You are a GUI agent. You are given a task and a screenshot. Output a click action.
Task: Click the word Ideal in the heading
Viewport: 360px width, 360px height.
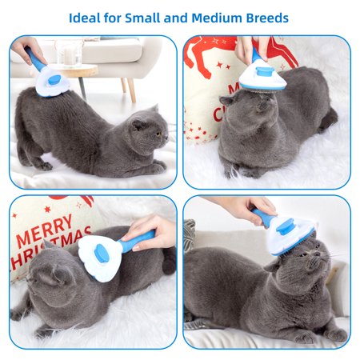click(x=84, y=18)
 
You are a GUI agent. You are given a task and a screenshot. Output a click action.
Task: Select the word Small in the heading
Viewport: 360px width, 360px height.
click(x=142, y=18)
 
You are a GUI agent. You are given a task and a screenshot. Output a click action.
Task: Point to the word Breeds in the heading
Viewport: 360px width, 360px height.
click(x=267, y=18)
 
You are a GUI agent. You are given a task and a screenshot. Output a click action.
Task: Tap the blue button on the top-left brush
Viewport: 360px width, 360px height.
click(x=54, y=80)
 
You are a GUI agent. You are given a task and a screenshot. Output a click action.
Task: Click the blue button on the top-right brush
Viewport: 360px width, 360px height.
click(x=263, y=71)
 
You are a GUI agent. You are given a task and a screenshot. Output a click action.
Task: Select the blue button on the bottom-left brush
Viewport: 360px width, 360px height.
click(x=102, y=254)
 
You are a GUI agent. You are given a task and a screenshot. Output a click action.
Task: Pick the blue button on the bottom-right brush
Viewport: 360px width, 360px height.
click(x=285, y=226)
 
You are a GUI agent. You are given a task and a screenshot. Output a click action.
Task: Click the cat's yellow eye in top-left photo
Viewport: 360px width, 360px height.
click(x=158, y=133)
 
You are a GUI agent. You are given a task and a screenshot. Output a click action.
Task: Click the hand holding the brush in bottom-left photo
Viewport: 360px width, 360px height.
click(x=150, y=232)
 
